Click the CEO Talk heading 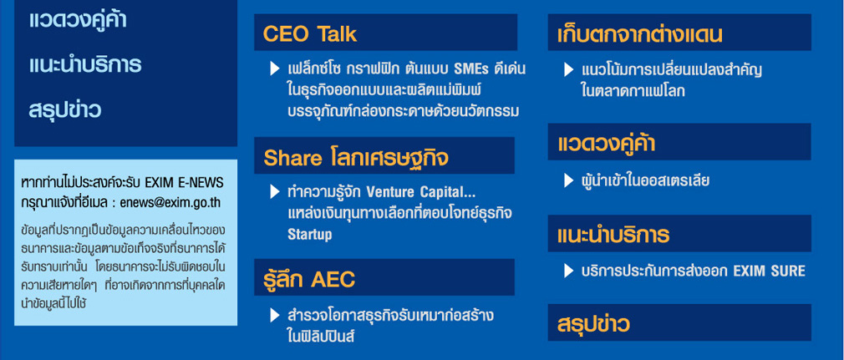pyautogui.click(x=310, y=34)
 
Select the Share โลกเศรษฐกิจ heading pyautogui.click(x=356, y=158)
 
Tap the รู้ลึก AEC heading pyautogui.click(x=309, y=279)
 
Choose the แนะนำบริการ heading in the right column pyautogui.click(x=613, y=236)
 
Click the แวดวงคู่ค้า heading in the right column pyautogui.click(x=606, y=144)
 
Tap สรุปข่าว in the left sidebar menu pyautogui.click(x=64, y=110)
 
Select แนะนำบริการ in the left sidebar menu pyautogui.click(x=85, y=64)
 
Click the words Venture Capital pyautogui.click(x=420, y=191)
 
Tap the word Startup pyautogui.click(x=310, y=236)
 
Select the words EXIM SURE pyautogui.click(x=770, y=271)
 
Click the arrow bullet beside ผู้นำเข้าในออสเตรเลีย pyautogui.click(x=568, y=180)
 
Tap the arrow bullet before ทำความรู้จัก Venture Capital pyautogui.click(x=275, y=191)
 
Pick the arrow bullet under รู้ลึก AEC pyautogui.click(x=275, y=316)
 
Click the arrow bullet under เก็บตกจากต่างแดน pyautogui.click(x=568, y=70)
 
